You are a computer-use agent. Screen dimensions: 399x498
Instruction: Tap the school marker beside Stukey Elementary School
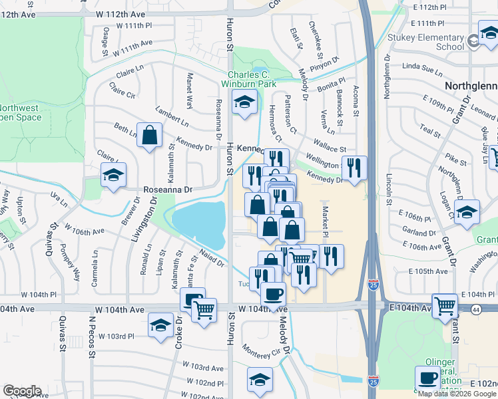(488, 34)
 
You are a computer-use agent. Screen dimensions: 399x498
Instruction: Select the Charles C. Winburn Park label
(252, 80)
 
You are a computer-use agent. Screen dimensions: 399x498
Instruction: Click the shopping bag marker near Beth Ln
(150, 135)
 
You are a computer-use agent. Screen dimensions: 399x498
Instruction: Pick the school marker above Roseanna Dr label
(113, 176)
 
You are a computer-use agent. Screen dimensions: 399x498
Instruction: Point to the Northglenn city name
(471, 87)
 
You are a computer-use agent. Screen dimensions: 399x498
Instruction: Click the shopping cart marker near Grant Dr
(444, 305)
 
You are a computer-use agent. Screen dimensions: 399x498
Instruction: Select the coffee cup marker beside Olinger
(427, 378)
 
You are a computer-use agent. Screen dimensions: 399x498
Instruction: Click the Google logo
(22, 391)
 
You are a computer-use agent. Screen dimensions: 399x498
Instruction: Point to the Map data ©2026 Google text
(457, 393)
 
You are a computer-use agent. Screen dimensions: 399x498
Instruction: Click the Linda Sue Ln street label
(423, 68)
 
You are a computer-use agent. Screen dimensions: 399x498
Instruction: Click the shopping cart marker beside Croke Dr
(204, 310)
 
